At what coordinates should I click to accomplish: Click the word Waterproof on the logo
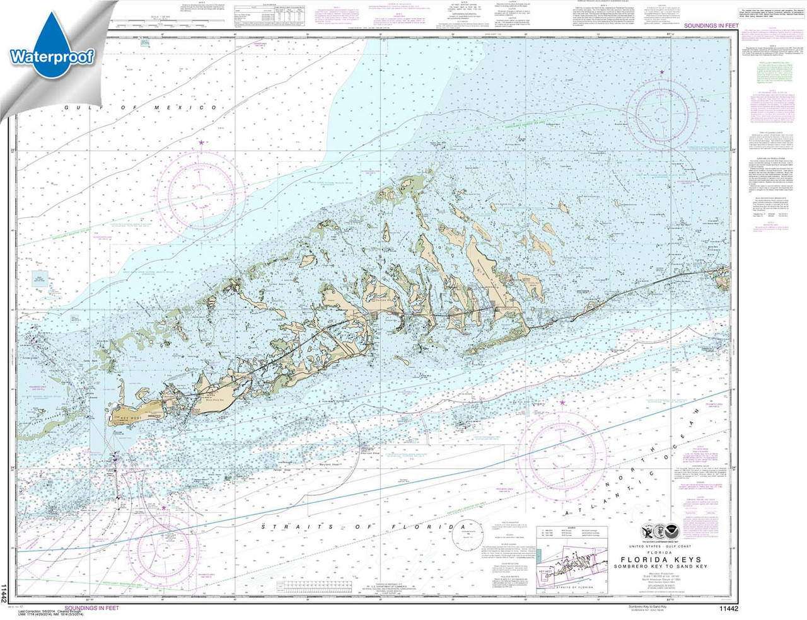(52, 57)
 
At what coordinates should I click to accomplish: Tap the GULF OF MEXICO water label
(140, 108)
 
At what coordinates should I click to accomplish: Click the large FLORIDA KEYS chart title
(661, 560)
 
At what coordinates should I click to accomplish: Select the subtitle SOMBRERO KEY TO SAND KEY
(661, 566)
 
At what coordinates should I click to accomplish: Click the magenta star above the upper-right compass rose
(662, 72)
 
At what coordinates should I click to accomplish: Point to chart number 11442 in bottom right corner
(728, 608)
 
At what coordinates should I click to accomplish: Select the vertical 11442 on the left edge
(5, 593)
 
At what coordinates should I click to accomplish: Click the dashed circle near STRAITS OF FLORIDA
(465, 536)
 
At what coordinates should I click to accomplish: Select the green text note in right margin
(775, 72)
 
